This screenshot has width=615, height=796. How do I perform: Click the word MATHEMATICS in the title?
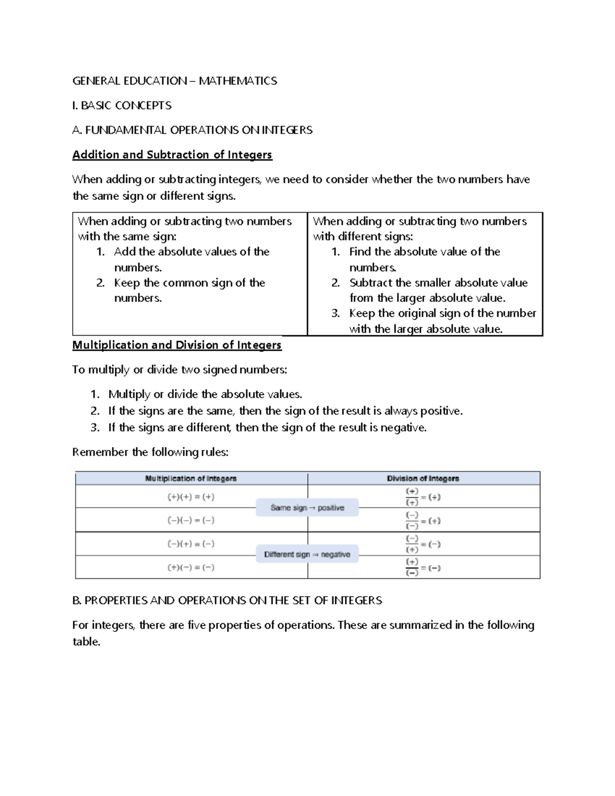pos(238,80)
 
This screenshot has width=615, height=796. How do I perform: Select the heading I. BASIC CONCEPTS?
pos(121,105)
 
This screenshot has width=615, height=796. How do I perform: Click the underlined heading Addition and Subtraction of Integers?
pos(172,154)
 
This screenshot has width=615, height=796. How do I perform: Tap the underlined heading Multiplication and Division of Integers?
pos(177,345)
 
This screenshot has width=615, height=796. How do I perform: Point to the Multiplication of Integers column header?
pos(191,478)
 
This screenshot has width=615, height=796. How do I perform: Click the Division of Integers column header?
pos(423,478)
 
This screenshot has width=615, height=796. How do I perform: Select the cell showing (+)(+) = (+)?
pos(191,497)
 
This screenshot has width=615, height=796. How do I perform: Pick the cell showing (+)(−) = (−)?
pos(191,567)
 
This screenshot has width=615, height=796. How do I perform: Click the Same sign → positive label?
pos(307,507)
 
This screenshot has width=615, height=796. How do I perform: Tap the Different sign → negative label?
pos(307,554)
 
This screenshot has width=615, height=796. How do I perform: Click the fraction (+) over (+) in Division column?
pos(412,497)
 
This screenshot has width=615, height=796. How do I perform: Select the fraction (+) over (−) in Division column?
pos(412,567)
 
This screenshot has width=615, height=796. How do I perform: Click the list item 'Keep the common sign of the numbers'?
pos(189,283)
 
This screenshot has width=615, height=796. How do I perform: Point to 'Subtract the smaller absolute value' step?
pos(438,283)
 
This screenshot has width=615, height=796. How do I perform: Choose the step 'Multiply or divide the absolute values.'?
pos(205,394)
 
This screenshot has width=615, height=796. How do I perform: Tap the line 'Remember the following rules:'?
pos(150,452)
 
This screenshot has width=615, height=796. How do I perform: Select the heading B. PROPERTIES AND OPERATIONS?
pos(227,600)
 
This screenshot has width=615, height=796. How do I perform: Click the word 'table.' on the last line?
pos(86,641)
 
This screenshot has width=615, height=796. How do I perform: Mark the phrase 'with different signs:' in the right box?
pos(363,236)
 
